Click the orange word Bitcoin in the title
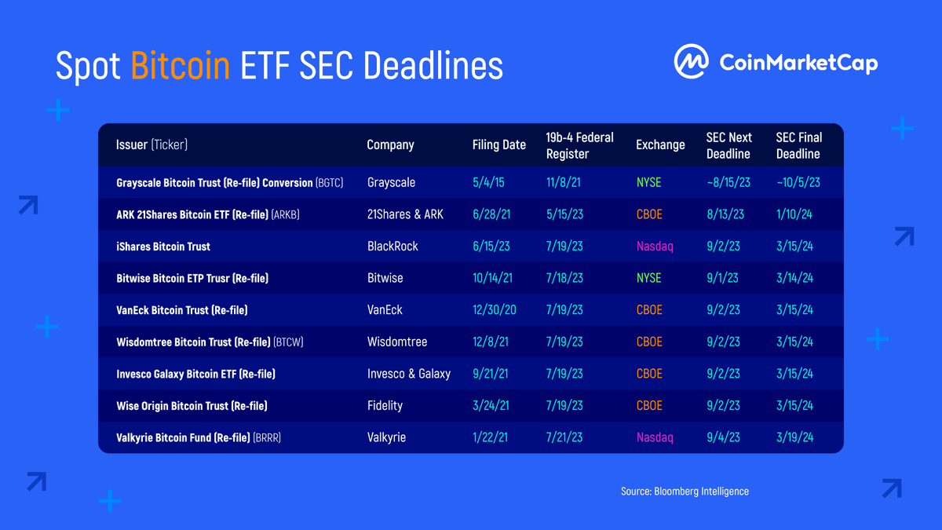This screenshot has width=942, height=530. point(181,66)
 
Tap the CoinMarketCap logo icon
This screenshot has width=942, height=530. point(691,61)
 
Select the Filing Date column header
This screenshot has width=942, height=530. point(498,144)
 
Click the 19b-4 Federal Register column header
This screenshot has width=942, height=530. point(579,145)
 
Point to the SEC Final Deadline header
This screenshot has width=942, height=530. point(798,145)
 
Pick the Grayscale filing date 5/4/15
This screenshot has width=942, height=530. point(488,182)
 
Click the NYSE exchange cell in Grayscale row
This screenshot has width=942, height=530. point(648,182)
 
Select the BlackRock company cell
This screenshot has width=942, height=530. point(392,246)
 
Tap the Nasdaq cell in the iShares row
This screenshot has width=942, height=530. point(655,246)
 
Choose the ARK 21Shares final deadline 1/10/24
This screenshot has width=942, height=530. point(794,214)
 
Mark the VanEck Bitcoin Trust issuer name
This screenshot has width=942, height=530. point(181,310)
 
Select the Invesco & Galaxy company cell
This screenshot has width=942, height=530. point(408,374)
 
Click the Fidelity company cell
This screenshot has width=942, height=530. point(385,406)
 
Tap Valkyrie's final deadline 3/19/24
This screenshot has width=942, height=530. point(794,437)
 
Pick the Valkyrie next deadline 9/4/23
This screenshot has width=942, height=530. point(723,437)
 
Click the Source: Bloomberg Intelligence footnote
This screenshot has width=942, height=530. point(685,492)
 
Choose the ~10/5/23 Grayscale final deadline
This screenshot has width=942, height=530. point(798,182)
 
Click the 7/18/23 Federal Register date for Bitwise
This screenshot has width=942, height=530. point(564,278)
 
